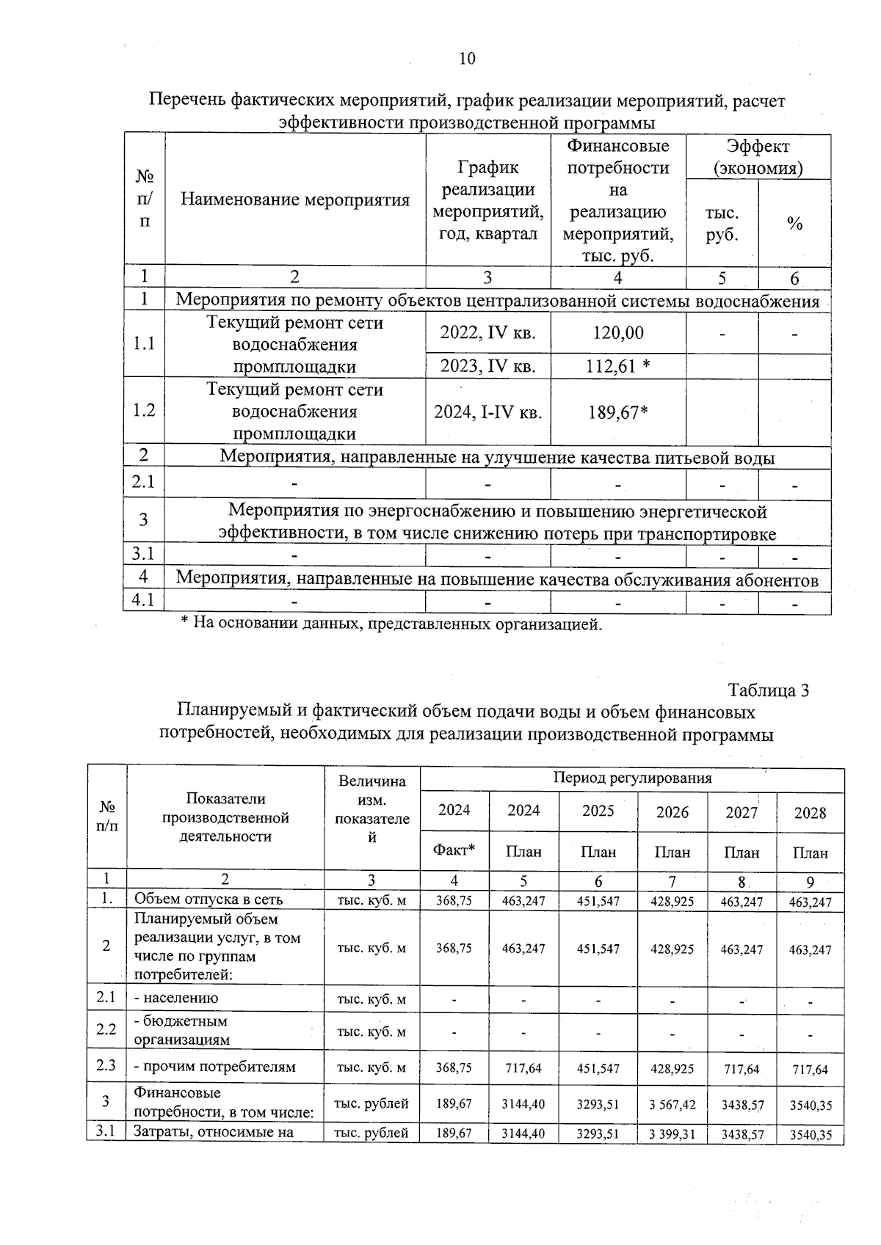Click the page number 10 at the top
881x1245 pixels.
[467, 59]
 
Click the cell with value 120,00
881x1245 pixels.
[618, 333]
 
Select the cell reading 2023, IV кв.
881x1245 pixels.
[487, 366]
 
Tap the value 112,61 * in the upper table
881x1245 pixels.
[618, 366]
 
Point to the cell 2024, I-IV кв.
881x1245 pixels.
[487, 412]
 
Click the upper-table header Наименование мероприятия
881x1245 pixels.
[294, 200]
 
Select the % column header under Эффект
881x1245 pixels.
[794, 224]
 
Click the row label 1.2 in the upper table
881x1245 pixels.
[144, 411]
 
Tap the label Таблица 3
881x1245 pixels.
[768, 690]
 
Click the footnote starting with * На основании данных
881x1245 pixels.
[391, 624]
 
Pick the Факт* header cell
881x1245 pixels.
[454, 851]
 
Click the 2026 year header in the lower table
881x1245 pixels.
[672, 812]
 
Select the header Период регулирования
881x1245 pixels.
[632, 778]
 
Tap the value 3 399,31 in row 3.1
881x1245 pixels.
[672, 1134]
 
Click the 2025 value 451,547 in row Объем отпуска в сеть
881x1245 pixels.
[598, 901]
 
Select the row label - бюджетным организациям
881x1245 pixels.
[181, 1030]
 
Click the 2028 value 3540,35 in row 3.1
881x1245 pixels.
[811, 1135]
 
